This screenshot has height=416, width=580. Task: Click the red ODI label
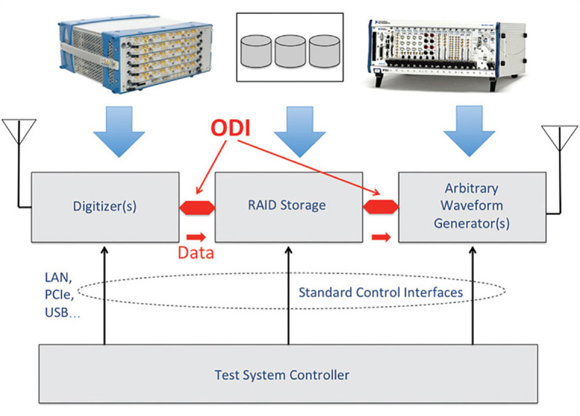tap(230, 128)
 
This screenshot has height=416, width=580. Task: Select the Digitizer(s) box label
tap(105, 206)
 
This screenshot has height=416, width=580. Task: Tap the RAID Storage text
tap(286, 205)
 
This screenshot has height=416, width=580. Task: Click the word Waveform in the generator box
tap(472, 205)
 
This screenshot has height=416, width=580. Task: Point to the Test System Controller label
tap(282, 375)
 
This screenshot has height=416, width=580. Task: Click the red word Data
tap(196, 252)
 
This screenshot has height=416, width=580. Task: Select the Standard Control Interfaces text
tap(381, 292)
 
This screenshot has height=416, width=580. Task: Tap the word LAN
tap(58, 277)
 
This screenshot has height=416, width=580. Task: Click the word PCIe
tap(59, 294)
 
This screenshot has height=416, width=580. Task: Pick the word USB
tap(56, 313)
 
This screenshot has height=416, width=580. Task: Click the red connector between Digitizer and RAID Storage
tap(197, 208)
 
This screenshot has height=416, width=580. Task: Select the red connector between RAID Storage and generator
tap(381, 207)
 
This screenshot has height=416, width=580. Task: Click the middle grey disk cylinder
tap(290, 51)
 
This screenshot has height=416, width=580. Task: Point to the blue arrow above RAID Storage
tap(300, 131)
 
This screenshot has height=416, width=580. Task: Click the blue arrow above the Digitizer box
tap(119, 131)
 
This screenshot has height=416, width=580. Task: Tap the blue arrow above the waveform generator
tap(469, 131)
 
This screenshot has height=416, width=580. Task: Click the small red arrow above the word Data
tap(196, 237)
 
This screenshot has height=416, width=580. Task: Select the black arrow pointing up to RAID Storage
tap(289, 296)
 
